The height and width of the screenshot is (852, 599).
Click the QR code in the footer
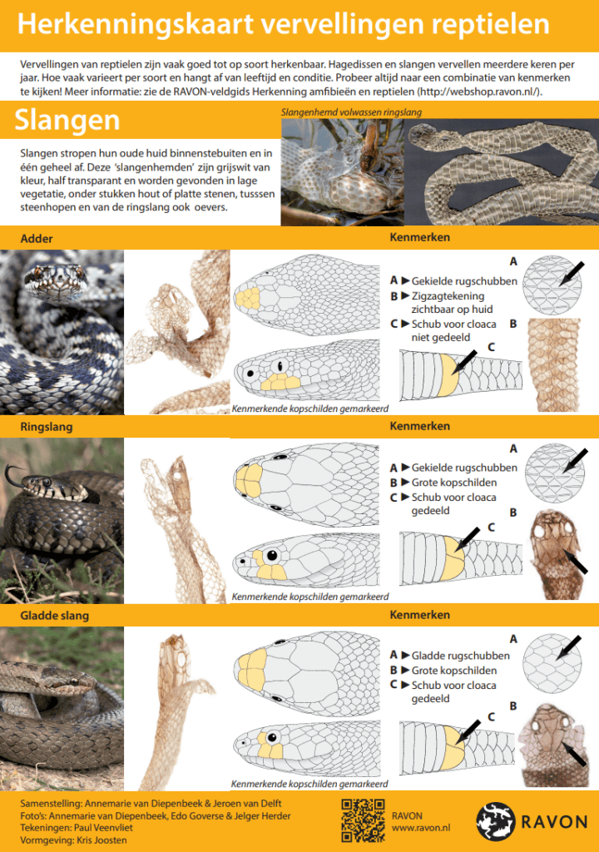pos(363,820)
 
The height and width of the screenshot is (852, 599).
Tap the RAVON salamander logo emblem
pos(495,821)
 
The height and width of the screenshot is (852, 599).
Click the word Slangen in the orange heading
pos(67,120)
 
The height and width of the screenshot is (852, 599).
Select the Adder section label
pos(37,239)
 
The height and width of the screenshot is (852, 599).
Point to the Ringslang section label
pos(47,427)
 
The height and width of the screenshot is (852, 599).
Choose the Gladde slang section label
pos(54,615)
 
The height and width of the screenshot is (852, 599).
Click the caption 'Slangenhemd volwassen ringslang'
pos(351,112)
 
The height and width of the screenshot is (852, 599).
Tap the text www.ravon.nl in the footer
pos(421,828)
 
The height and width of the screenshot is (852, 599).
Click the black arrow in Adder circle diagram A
pos(572,273)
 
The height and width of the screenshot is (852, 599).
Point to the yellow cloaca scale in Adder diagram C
pos(449,375)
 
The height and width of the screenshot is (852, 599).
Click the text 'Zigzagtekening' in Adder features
pos(448,296)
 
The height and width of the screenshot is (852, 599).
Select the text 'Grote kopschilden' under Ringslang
pos(454,483)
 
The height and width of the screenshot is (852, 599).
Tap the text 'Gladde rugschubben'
pos(460,656)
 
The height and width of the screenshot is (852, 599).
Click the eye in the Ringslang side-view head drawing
pos(272,555)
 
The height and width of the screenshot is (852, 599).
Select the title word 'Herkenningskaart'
pos(136,24)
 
